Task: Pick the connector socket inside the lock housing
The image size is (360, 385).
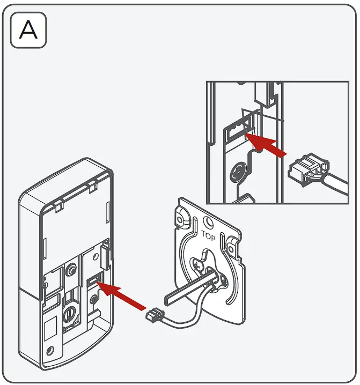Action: point(93,280)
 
